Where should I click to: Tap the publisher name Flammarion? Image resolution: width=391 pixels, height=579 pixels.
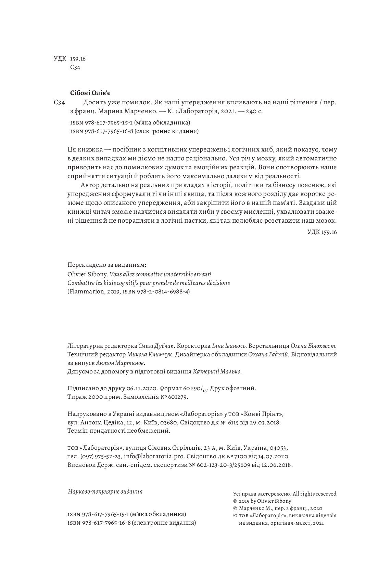(84, 292)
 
